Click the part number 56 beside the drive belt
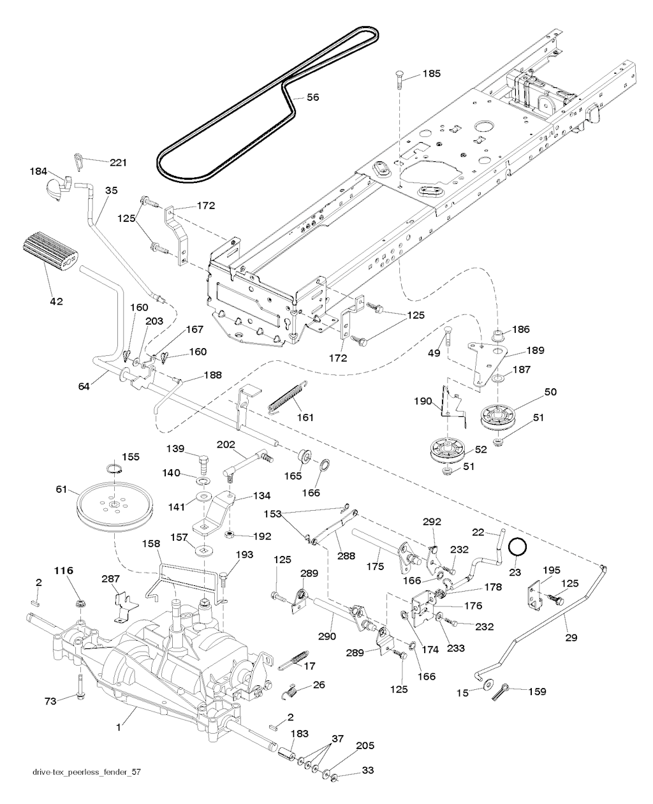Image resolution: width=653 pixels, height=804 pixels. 312,98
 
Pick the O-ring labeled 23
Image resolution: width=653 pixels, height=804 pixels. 517,548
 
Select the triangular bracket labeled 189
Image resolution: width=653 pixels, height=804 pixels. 488,360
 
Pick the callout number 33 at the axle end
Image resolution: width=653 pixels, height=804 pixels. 368,771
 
